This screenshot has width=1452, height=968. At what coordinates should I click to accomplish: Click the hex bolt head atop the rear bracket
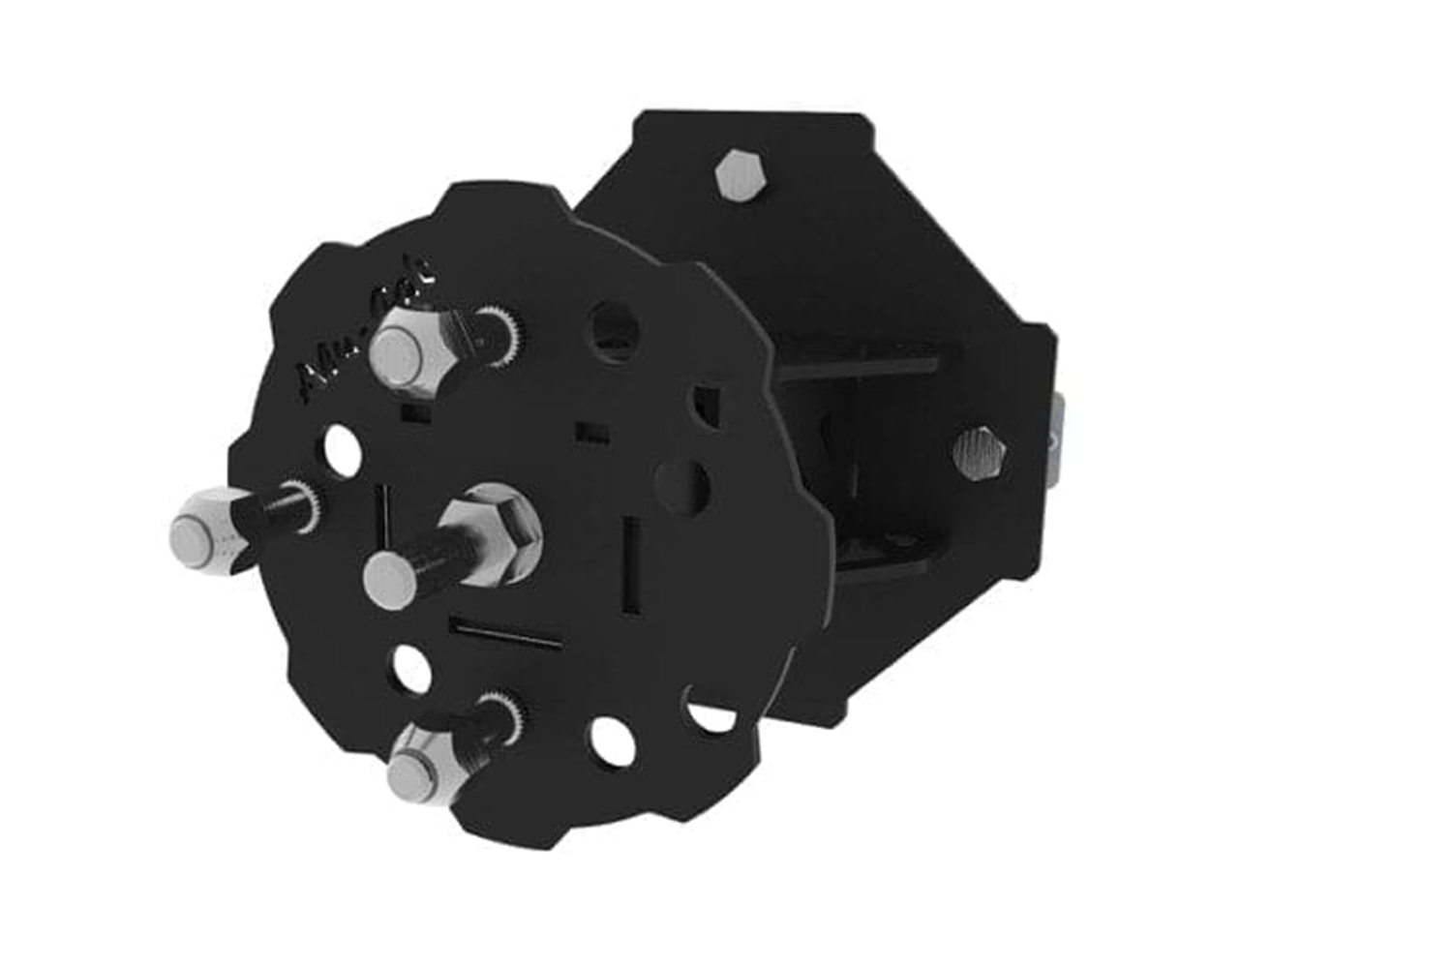pos(741,175)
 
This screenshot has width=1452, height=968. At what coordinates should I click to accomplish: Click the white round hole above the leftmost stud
pos(343,450)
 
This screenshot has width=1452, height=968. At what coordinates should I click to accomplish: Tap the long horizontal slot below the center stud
pos(505,634)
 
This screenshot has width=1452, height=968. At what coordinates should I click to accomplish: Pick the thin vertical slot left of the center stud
pos(382,518)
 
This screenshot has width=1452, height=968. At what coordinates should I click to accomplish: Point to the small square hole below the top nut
pos(415,414)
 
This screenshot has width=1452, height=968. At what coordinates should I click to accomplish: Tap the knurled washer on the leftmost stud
pos(305,504)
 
